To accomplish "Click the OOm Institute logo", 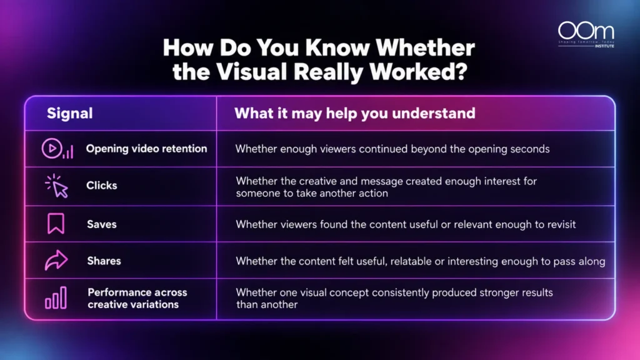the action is (586, 35).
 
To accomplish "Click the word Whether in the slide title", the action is (425, 47).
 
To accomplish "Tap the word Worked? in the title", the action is (418, 72).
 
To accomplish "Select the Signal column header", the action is (70, 114).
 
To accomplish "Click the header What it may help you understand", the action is (355, 114).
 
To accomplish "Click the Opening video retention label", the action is (146, 149).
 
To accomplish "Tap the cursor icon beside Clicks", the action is (57, 186).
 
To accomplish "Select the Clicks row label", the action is (102, 186).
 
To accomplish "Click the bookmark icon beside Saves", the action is (56, 223).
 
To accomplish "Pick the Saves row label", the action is (102, 224).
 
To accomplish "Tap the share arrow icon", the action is (56, 260).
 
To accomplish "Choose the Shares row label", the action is (104, 261).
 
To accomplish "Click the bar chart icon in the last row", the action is (56, 297).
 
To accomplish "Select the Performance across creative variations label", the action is (137, 298).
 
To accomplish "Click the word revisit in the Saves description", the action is (561, 224).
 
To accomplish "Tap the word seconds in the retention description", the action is (529, 149).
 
